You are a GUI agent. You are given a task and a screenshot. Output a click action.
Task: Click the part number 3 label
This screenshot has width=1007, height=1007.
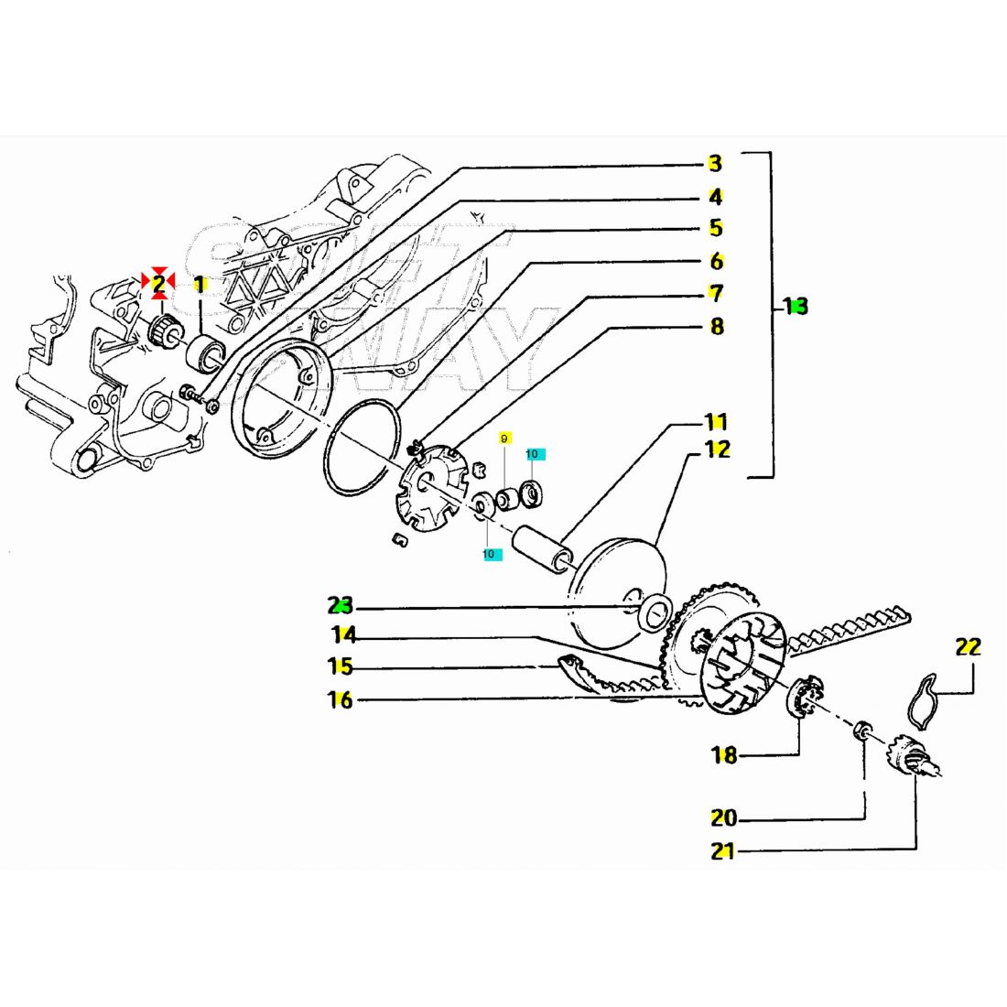point(715,164)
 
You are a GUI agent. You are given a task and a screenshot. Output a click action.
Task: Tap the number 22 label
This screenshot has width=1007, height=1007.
point(968,646)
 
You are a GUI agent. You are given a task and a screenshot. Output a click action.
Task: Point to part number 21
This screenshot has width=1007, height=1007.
point(723,850)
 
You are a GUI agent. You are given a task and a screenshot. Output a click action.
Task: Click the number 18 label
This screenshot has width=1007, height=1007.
point(724,755)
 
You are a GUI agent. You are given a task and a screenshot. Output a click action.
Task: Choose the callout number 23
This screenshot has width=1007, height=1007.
point(341,605)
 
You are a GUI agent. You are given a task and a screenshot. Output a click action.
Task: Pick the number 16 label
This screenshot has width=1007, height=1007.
point(341,700)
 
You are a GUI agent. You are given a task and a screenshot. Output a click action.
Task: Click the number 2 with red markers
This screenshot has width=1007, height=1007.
point(158,284)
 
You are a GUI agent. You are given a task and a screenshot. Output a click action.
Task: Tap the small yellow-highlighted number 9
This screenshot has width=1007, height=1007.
point(503,439)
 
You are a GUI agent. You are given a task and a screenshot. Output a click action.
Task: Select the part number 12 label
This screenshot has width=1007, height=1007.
point(718,449)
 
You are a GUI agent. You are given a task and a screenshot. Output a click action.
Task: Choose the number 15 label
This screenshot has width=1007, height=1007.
point(341,666)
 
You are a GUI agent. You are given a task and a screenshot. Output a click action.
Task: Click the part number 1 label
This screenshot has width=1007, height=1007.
point(200,285)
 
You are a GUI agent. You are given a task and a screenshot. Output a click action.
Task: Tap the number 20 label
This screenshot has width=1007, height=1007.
point(723,817)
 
